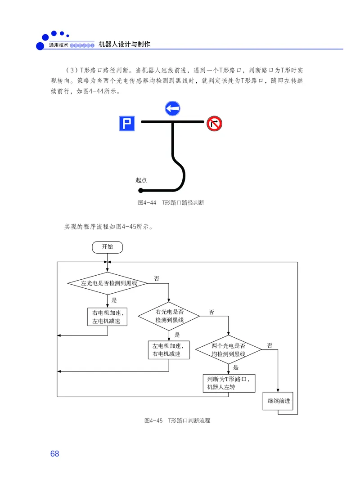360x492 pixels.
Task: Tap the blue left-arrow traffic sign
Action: coord(172,108)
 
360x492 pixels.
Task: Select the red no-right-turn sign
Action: coord(214,123)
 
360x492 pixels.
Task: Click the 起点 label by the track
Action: coord(141,180)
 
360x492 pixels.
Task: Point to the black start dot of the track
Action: coord(141,190)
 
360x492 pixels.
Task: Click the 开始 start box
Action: coord(107,246)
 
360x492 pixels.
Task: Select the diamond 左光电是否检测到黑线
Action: coord(108,283)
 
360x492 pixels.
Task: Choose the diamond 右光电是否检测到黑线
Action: coord(169,315)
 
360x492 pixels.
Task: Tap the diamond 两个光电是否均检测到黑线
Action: coord(229,350)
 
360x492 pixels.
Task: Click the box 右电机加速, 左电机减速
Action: coord(107,317)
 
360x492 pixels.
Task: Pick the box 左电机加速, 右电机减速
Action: coord(168,350)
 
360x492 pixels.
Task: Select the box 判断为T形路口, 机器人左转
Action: coord(229,383)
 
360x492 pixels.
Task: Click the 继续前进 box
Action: coord(278,401)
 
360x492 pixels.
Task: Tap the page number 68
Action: coord(54,454)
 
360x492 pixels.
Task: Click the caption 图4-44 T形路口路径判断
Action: coord(171,203)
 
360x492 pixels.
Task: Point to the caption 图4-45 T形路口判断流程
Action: coord(177,420)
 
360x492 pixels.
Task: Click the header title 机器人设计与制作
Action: coord(124,45)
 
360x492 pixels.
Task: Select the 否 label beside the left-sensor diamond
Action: coord(157,279)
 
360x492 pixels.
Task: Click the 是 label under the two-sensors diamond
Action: coord(236,367)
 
